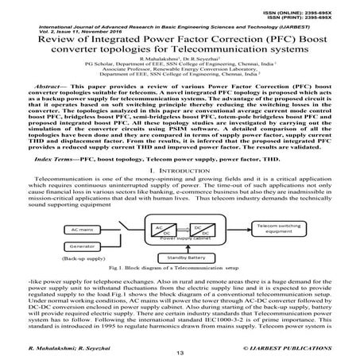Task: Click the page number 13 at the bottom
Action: (x=180, y=352)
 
